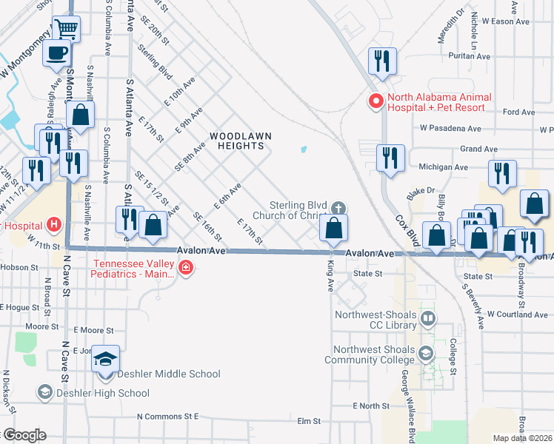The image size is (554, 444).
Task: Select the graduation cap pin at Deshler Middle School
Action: click(105, 360)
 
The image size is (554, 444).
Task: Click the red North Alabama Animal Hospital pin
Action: click(376, 101)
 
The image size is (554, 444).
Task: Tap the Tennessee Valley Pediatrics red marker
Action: click(185, 269)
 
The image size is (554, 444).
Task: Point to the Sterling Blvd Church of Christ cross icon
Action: click(338, 209)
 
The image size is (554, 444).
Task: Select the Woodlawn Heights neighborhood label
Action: click(237, 141)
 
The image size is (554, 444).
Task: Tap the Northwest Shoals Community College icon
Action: click(427, 354)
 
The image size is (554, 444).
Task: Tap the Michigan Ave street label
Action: click(443, 167)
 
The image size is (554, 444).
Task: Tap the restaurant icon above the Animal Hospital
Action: click(382, 61)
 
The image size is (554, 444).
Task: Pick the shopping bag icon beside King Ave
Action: click(334, 228)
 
